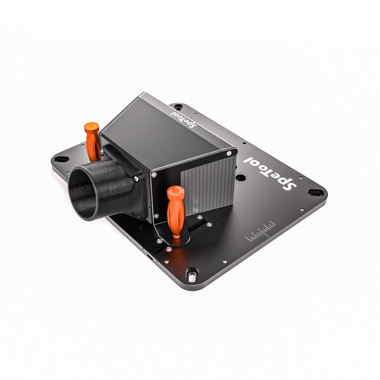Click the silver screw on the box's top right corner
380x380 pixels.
(229, 153)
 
